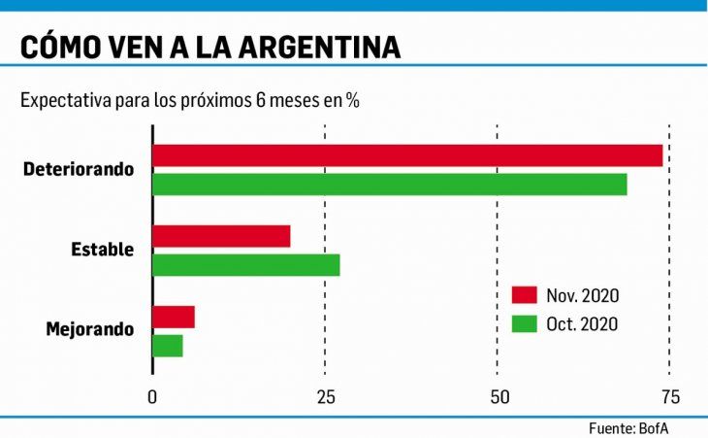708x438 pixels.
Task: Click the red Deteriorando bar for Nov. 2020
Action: point(407,155)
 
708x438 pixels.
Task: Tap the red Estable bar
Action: point(221,236)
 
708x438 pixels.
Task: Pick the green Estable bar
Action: point(246,264)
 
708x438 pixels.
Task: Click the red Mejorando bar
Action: point(174,317)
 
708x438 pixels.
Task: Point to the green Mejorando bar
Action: point(168,345)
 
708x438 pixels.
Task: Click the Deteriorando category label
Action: point(79,169)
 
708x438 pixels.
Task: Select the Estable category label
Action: point(102,250)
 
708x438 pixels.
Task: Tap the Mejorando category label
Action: point(90,329)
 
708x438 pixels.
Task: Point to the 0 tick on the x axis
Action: point(152,397)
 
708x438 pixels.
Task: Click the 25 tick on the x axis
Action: point(325,397)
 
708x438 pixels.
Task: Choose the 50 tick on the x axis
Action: point(498,397)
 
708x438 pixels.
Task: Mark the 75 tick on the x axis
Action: point(669,397)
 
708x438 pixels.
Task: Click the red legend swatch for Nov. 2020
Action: point(524,295)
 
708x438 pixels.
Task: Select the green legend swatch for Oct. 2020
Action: point(524,323)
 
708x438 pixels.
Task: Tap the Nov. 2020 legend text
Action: point(582,295)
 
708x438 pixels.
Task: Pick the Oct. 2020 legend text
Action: point(582,323)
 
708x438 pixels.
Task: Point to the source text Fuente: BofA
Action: point(628,427)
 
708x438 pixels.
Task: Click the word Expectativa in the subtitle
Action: point(64,100)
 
